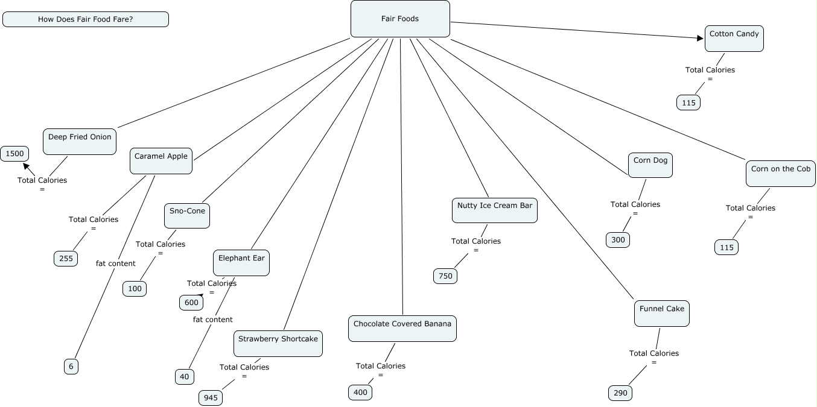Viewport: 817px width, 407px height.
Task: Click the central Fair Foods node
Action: pyautogui.click(x=400, y=19)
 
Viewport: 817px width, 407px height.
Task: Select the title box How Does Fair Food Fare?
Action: pyautogui.click(x=86, y=19)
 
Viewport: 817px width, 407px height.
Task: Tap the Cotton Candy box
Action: pyautogui.click(x=734, y=39)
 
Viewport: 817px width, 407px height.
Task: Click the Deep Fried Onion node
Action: pyautogui.click(x=80, y=141)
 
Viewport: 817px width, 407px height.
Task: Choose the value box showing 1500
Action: pyautogui.click(x=14, y=154)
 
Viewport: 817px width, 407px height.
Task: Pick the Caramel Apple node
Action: pyautogui.click(x=161, y=160)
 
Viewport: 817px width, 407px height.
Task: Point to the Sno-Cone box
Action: pyautogui.click(x=187, y=215)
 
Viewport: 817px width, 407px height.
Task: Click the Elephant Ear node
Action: pyautogui.click(x=241, y=262)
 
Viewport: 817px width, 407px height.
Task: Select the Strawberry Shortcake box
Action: pyautogui.click(x=278, y=343)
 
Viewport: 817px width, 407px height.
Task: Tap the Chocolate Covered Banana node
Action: pyautogui.click(x=402, y=328)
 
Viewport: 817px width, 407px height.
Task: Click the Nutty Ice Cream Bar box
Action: pyautogui.click(x=495, y=210)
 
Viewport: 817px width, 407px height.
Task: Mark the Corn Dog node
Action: pyautogui.click(x=650, y=165)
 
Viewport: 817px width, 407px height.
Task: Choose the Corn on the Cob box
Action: pyautogui.click(x=781, y=173)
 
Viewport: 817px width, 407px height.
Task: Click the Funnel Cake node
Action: pyautogui.click(x=662, y=313)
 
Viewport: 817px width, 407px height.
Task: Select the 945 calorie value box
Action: pyautogui.click(x=211, y=398)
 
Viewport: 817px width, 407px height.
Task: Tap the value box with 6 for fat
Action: pyautogui.click(x=71, y=366)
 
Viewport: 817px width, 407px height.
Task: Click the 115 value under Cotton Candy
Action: pyautogui.click(x=688, y=103)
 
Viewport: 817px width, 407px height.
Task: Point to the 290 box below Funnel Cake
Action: pyautogui.click(x=620, y=393)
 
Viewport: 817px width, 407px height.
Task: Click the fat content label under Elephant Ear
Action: pyautogui.click(x=212, y=320)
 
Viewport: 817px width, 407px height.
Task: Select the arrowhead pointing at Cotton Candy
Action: pyautogui.click(x=700, y=38)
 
